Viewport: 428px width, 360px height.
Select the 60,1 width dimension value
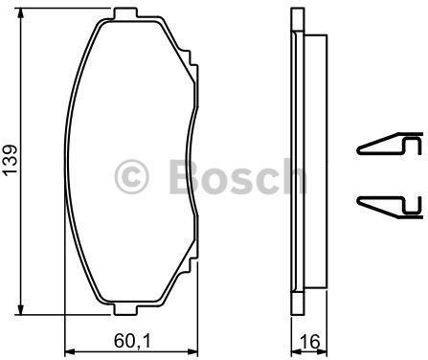point(130,337)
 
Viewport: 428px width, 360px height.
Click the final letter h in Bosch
point(291,176)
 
